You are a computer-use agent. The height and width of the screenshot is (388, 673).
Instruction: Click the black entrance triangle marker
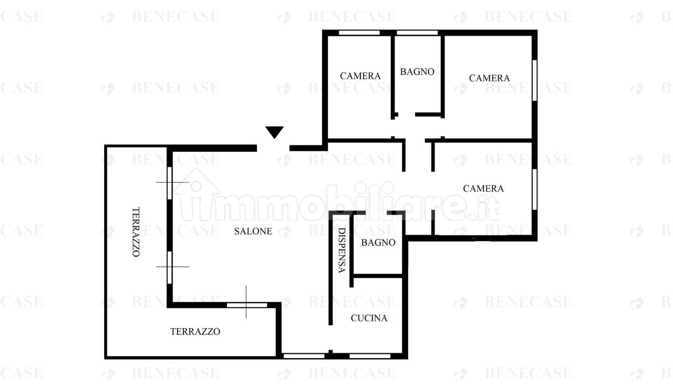(x=274, y=132)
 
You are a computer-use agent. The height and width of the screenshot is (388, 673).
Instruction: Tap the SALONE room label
(x=253, y=231)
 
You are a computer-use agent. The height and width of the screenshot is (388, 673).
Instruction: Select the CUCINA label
(x=369, y=318)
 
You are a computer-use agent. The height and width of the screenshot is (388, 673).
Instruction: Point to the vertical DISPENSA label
(x=342, y=250)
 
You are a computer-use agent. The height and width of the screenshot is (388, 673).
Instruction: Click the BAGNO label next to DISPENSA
(x=378, y=243)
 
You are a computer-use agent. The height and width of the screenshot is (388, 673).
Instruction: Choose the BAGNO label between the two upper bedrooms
(x=417, y=72)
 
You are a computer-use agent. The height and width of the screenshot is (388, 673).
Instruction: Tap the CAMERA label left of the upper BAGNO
(x=360, y=76)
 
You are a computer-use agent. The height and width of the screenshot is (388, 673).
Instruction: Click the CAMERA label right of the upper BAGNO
(x=489, y=78)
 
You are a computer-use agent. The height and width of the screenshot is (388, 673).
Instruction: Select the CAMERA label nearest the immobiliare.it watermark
(x=483, y=188)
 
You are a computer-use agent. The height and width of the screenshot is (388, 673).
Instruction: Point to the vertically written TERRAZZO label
(x=136, y=232)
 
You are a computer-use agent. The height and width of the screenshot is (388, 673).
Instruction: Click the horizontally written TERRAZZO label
(x=195, y=331)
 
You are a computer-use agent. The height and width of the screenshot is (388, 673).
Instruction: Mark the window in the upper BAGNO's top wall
(x=417, y=33)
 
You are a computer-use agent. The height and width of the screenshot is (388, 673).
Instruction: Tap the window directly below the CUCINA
(x=370, y=356)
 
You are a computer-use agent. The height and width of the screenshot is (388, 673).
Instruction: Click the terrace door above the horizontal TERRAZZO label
(x=247, y=305)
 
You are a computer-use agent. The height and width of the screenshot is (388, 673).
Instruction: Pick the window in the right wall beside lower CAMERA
(x=535, y=189)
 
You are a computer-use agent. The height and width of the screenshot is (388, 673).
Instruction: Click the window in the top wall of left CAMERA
(x=359, y=33)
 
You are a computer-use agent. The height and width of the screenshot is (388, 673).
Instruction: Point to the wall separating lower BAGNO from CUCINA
(x=378, y=276)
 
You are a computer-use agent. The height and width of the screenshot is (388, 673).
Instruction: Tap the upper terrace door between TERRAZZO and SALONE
(x=170, y=183)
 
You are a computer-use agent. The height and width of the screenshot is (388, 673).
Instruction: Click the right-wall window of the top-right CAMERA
(x=535, y=80)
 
